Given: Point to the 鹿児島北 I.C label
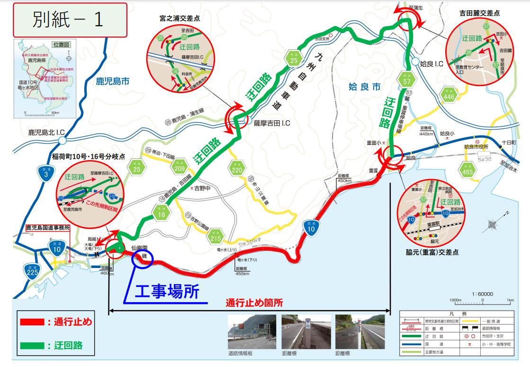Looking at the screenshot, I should click(46, 132).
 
